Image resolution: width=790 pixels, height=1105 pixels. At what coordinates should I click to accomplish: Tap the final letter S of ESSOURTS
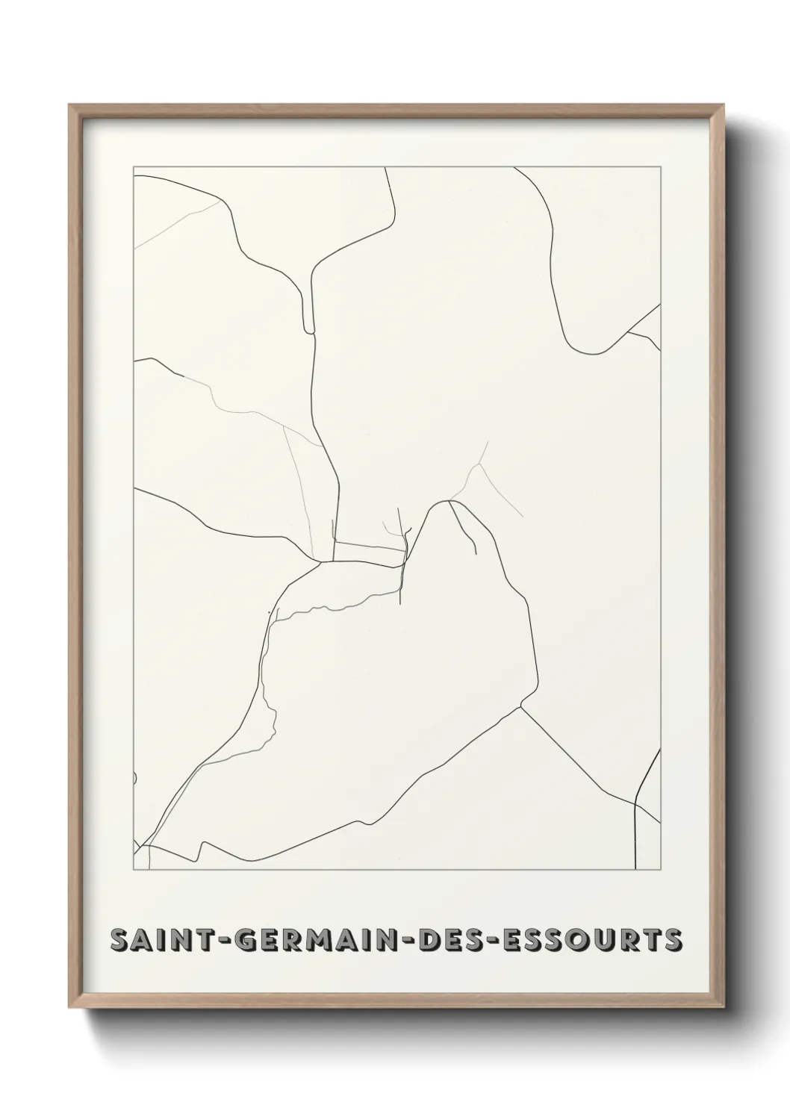(671, 940)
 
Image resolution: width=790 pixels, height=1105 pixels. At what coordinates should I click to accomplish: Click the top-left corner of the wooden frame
(69, 105)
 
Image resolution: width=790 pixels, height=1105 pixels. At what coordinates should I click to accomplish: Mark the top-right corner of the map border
(660, 167)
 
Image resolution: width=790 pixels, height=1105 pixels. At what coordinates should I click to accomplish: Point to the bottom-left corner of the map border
(134, 870)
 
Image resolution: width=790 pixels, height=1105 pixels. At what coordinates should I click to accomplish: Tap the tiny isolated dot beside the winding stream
(267, 614)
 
